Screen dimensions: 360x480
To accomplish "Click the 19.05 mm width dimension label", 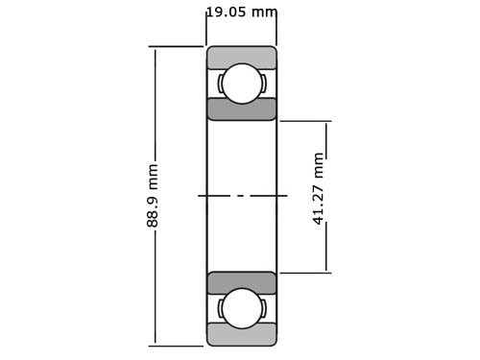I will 241,12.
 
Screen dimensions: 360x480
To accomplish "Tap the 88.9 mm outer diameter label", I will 153,196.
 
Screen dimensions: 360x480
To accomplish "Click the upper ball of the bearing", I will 242,83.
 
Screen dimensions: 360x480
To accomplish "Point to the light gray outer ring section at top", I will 242,57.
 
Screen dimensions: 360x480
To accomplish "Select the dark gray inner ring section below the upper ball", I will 242,108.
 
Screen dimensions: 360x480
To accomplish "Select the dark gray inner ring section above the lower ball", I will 242,282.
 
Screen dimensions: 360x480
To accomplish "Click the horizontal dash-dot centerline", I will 243,196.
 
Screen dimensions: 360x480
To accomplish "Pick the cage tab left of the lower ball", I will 221,307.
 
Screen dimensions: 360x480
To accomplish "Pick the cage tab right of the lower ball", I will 263,307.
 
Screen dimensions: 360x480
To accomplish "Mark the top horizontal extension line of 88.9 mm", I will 178,46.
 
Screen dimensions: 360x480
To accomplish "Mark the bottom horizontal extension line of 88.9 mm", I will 178,345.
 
